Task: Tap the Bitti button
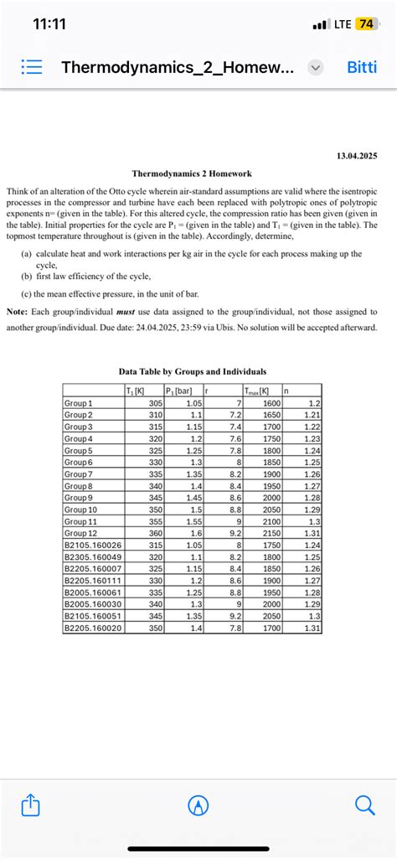click(362, 67)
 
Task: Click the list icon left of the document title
click(30, 67)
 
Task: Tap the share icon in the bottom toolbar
click(30, 806)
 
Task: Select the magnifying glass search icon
click(365, 805)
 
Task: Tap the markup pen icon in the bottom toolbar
click(198, 805)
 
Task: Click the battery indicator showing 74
click(365, 23)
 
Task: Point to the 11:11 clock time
click(49, 23)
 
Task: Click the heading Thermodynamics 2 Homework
click(192, 173)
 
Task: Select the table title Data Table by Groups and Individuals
click(193, 370)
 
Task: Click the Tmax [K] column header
click(255, 390)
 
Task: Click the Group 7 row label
click(80, 473)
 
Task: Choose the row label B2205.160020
click(92, 627)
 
